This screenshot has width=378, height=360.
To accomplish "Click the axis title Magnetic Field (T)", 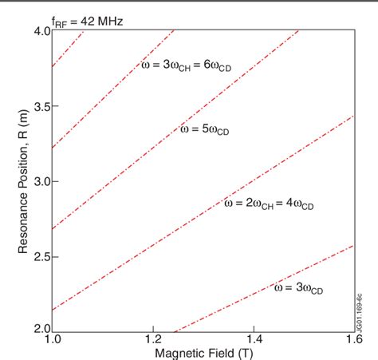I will pos(202,353).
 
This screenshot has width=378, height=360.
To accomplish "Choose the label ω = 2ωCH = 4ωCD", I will pos(270,204).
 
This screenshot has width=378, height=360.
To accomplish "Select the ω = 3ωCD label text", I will pos(298,287).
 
